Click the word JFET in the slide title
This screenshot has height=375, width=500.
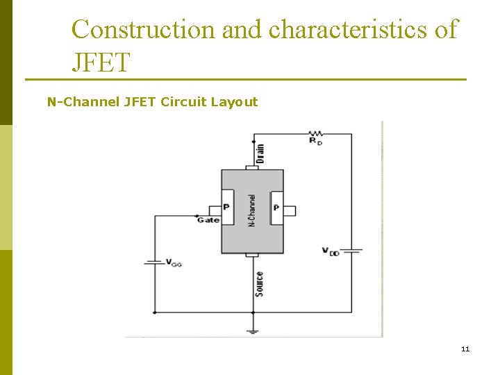point(101,63)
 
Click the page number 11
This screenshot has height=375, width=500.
point(465,349)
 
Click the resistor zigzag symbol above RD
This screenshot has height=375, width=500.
point(317,133)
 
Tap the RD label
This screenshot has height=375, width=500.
point(317,141)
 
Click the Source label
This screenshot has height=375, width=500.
point(259,283)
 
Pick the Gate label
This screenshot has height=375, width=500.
point(208,220)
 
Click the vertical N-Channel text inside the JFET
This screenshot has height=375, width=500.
point(252,210)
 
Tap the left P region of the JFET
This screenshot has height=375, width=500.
point(227,208)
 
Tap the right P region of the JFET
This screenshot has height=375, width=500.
point(276,208)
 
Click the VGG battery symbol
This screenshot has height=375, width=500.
point(153,262)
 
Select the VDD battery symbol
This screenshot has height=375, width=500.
point(351,250)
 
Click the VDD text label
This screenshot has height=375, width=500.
point(331,251)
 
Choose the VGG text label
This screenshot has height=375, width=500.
point(174,263)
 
